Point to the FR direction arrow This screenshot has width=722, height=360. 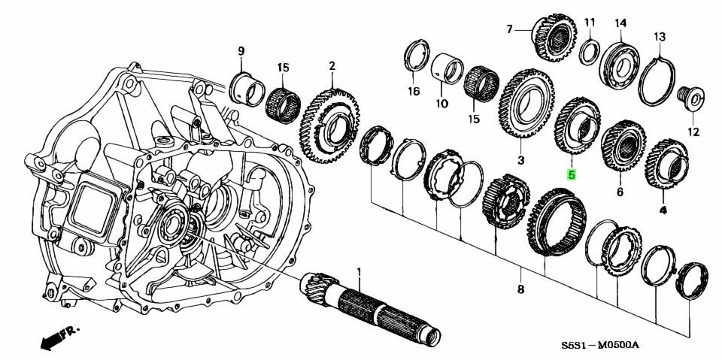pos(57,337)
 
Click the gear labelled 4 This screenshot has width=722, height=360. pos(666,165)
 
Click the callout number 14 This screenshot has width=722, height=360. pos(620,23)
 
